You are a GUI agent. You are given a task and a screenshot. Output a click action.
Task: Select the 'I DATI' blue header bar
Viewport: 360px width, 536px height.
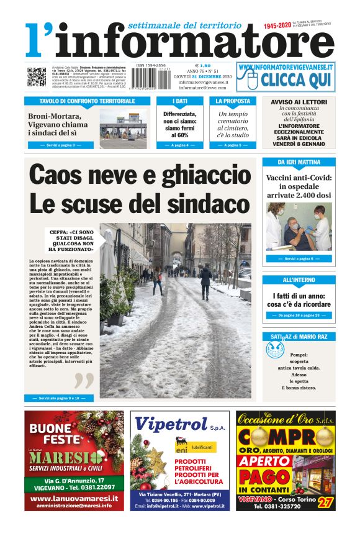(179, 101)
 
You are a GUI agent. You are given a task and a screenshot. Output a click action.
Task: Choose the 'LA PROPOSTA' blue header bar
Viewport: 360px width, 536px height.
(233, 101)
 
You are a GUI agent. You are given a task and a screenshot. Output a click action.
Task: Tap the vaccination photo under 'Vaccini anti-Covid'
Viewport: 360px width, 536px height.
(299, 227)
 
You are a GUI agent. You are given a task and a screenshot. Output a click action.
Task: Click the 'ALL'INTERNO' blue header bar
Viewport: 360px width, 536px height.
(299, 280)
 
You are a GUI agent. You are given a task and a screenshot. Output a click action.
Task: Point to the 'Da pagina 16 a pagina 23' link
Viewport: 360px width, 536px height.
(299, 316)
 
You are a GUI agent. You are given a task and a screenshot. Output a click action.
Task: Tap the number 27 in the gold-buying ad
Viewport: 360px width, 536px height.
(324, 502)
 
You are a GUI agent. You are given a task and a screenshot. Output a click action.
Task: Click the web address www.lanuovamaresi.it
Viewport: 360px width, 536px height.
(74, 498)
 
